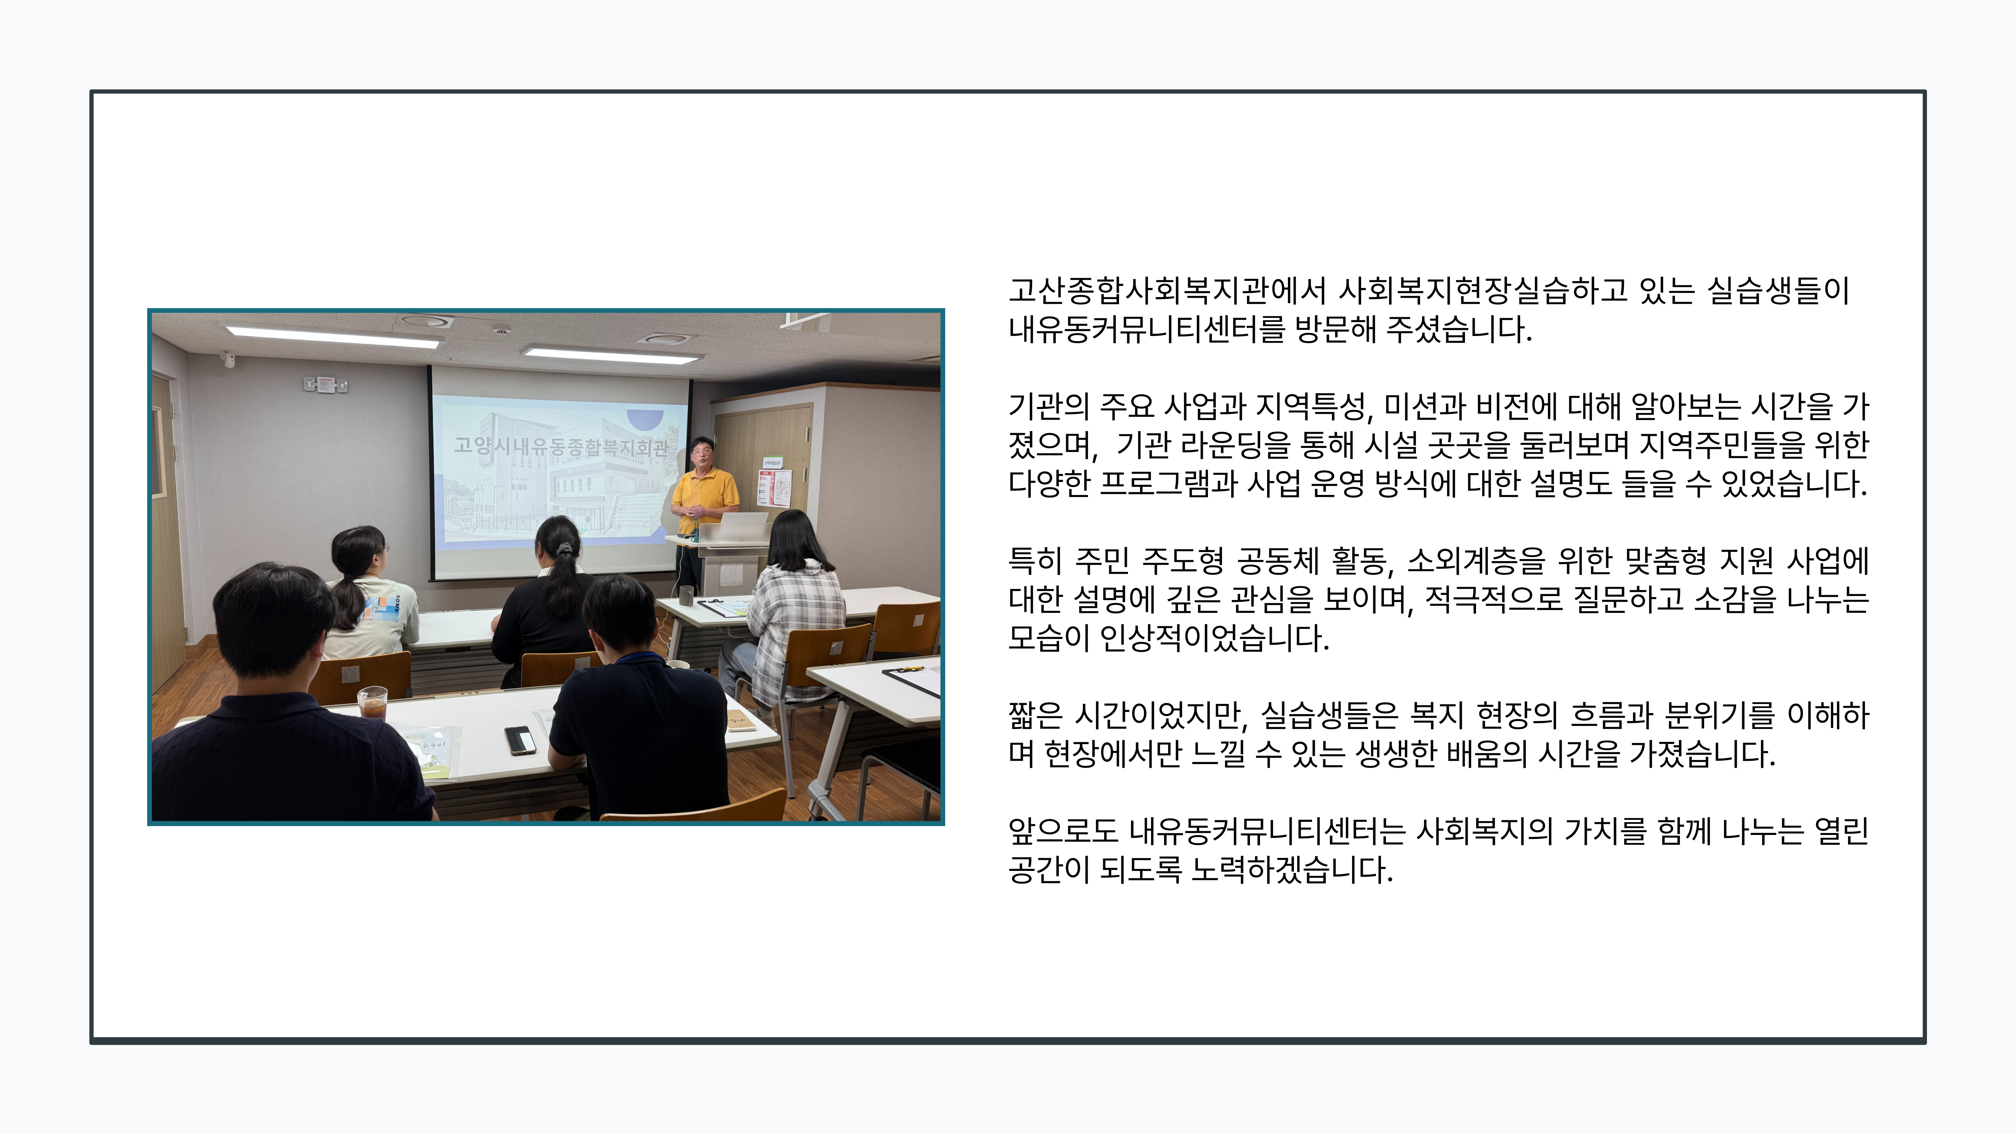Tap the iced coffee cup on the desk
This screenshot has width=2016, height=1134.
(373, 702)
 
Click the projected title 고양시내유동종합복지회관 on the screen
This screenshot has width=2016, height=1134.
(560, 446)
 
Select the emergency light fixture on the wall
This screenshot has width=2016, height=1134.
(325, 384)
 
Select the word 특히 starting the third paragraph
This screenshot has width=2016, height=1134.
(1035, 560)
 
